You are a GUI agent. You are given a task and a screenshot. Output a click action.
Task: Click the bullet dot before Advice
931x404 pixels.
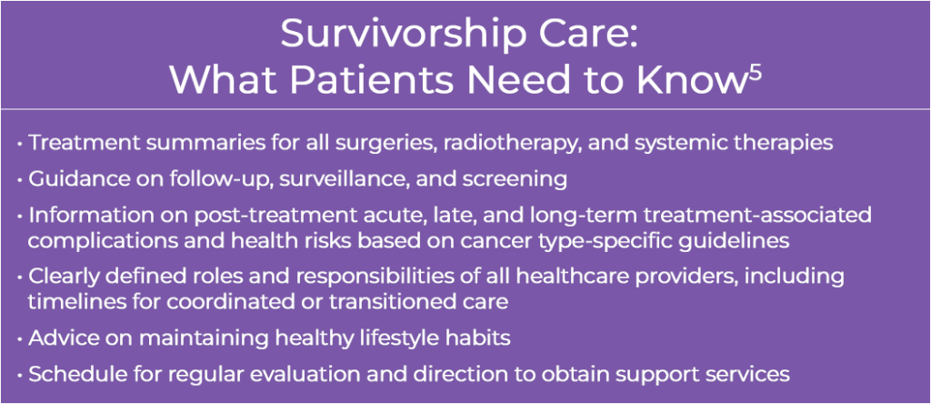[x=20, y=339]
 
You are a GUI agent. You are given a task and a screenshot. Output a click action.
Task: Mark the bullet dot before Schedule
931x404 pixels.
[x=20, y=376]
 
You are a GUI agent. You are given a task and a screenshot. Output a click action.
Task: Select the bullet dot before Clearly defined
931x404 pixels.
[x=20, y=278]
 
